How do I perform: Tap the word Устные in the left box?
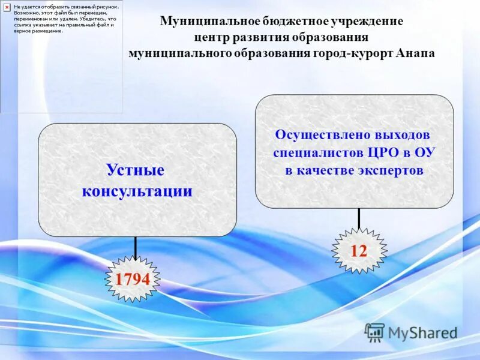click(x=136, y=170)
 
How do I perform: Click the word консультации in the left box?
click(x=137, y=192)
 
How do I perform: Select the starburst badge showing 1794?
click(x=133, y=279)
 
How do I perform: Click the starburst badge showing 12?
click(x=359, y=251)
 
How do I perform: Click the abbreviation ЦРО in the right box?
click(x=380, y=152)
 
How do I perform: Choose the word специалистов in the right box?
click(x=318, y=152)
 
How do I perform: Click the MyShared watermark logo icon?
click(x=375, y=332)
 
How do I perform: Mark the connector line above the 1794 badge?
click(x=136, y=248)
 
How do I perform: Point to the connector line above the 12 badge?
click(x=359, y=219)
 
